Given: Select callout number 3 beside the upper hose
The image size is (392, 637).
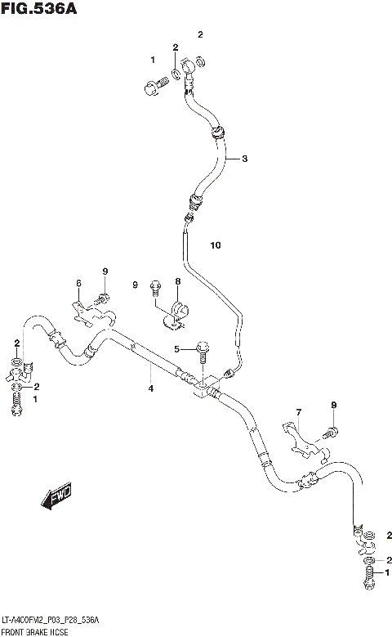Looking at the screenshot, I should pyautogui.click(x=243, y=158).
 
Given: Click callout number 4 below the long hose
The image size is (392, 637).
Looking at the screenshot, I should pyautogui.click(x=150, y=388).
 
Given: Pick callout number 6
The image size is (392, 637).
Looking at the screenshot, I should pyautogui.click(x=78, y=283).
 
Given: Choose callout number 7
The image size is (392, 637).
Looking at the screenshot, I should pyautogui.click(x=299, y=412).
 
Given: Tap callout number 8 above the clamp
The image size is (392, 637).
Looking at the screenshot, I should pyautogui.click(x=176, y=282).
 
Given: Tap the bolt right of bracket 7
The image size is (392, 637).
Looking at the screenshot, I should pyautogui.click(x=332, y=429).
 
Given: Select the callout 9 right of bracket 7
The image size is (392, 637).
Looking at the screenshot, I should pyautogui.click(x=333, y=405).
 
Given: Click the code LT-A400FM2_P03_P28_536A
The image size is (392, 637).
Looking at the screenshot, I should pyautogui.click(x=51, y=621).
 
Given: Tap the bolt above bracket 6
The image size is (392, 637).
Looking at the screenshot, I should pyautogui.click(x=104, y=297).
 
